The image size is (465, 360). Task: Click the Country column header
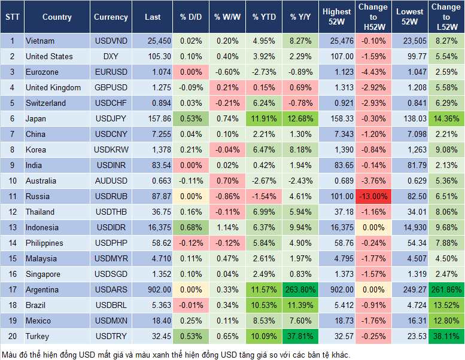56,17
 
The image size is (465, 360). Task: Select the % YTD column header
264,17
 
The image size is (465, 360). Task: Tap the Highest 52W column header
336,17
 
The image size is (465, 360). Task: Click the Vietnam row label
40,41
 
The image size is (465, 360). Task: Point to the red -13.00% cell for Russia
373,197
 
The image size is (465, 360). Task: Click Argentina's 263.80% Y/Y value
302,290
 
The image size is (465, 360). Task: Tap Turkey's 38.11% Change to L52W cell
445,337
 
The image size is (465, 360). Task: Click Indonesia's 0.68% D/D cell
190,228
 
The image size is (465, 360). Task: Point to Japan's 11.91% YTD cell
264,119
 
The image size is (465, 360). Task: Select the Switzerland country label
45,103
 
